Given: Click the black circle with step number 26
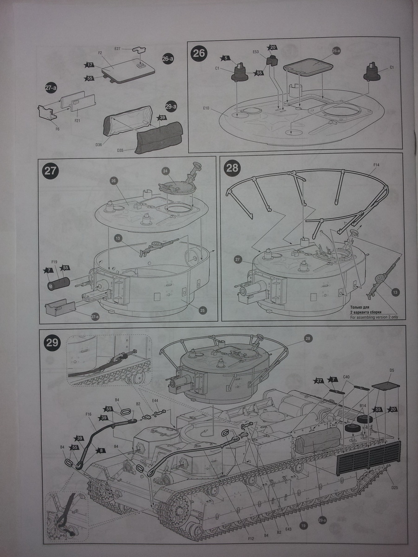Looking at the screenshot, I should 199,53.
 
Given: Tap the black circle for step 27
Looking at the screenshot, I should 50,170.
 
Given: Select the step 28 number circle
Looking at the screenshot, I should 232,168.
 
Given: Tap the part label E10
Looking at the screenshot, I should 207,109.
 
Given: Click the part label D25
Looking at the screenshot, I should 394,487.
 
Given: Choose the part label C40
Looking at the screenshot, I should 346,376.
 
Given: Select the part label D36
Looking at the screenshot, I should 99,145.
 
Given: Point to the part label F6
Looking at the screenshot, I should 57,129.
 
